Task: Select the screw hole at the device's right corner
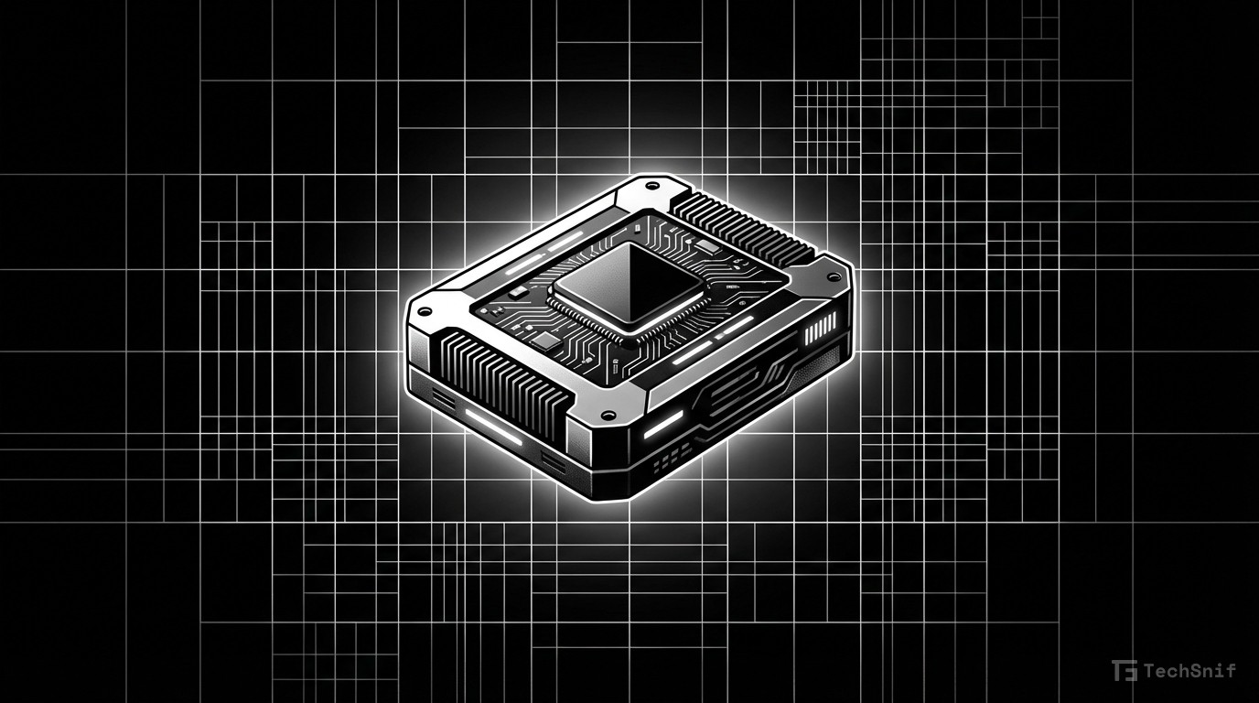pos(833,275)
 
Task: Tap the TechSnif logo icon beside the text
pos(1124,671)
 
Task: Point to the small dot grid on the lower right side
pos(677,455)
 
